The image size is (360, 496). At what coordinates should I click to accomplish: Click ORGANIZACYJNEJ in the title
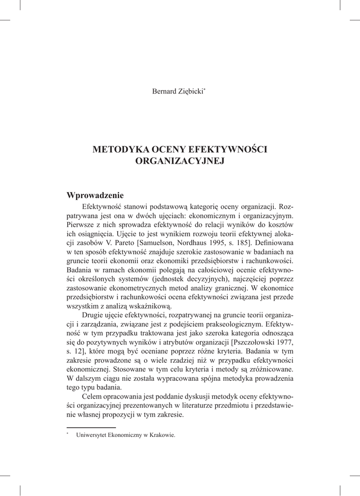[x=180, y=161]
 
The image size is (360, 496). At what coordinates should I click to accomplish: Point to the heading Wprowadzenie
[x=95, y=195]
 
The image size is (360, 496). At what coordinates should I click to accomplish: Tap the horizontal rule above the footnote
[x=91, y=428]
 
